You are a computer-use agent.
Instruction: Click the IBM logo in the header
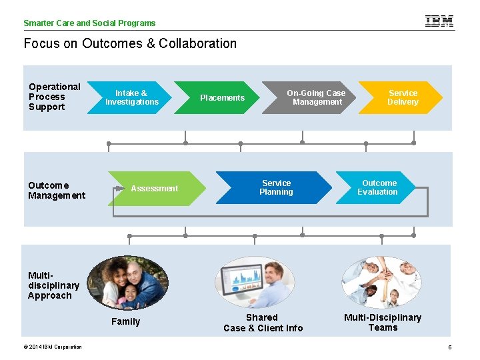[439, 21]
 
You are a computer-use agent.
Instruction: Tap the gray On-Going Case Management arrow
[312, 98]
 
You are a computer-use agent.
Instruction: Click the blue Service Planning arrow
[275, 187]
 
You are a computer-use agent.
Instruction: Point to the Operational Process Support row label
[54, 97]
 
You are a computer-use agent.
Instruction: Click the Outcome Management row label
[57, 190]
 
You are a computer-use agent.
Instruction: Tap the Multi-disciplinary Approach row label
[53, 285]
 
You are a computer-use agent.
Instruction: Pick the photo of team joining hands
[381, 282]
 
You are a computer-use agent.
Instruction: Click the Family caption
[125, 321]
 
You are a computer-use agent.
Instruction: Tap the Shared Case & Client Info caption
[263, 323]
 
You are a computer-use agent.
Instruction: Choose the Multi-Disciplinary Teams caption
[383, 322]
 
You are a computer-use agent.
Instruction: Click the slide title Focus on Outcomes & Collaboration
[130, 43]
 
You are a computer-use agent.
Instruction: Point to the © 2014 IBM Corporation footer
[53, 347]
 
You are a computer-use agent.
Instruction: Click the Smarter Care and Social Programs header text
[89, 23]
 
